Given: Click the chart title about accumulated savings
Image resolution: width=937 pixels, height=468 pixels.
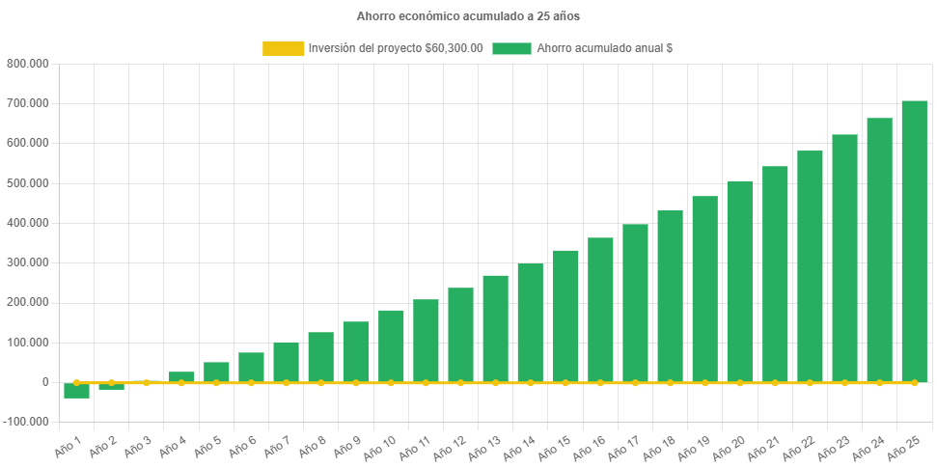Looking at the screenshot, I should (468, 16).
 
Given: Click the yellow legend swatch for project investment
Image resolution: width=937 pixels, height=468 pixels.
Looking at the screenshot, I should (282, 48).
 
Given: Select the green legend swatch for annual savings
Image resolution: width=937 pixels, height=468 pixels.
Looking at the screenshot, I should (511, 48).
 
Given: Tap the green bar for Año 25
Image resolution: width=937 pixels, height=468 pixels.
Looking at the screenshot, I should (914, 241).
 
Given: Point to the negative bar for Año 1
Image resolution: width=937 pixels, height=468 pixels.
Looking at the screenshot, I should (77, 391).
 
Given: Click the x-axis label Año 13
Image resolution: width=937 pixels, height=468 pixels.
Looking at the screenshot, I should (482, 445).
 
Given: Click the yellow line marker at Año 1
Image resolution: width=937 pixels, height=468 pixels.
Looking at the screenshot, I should (77, 382).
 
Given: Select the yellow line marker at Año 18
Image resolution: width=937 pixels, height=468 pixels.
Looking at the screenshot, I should (670, 383).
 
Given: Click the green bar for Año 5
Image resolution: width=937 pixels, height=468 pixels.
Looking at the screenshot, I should (216, 372).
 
